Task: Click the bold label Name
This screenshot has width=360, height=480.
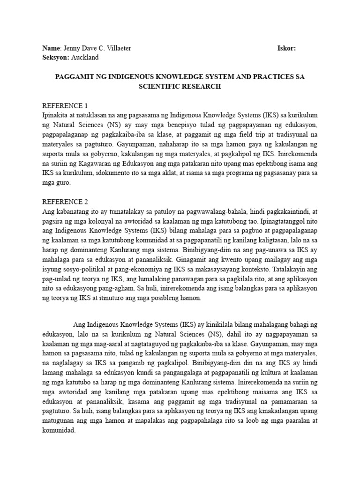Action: click(52, 48)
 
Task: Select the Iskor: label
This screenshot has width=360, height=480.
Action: click(286, 48)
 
